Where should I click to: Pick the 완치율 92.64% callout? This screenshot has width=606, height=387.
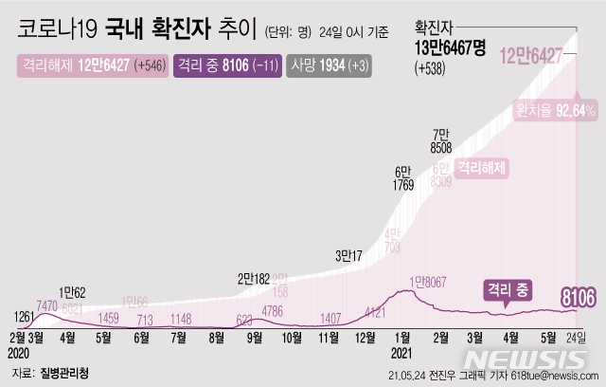click(555, 111)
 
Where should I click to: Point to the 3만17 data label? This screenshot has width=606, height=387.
click(350, 254)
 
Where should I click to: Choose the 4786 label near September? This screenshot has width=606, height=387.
click(273, 309)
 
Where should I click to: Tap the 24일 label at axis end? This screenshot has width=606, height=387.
click(576, 336)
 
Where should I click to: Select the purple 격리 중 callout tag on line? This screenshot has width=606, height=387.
click(508, 287)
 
